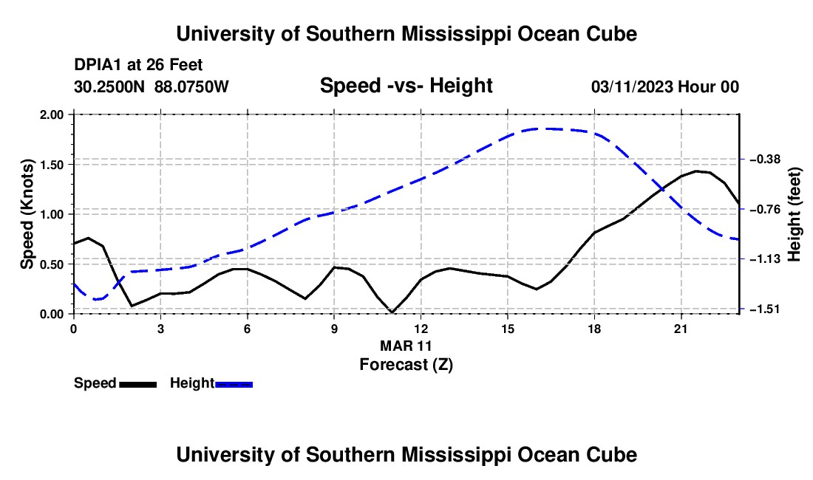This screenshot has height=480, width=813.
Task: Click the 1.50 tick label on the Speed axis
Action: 51,165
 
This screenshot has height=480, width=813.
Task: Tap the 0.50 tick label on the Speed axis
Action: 51,264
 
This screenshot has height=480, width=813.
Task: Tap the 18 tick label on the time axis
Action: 594,329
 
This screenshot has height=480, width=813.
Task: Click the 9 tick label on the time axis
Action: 334,329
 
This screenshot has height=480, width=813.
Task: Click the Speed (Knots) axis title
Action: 27,214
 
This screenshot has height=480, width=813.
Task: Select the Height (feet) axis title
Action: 794,214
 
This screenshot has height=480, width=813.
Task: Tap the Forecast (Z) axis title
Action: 406,365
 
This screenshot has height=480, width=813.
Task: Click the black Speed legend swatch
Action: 138,384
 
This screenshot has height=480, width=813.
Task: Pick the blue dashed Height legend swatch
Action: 234,384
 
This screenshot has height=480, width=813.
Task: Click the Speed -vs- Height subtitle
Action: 406,86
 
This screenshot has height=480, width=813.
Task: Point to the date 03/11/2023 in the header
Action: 632,87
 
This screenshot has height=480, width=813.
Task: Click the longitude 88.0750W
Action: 191,86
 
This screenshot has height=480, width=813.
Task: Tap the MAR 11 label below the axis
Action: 406,346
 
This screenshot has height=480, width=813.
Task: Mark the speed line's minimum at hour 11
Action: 392,312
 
